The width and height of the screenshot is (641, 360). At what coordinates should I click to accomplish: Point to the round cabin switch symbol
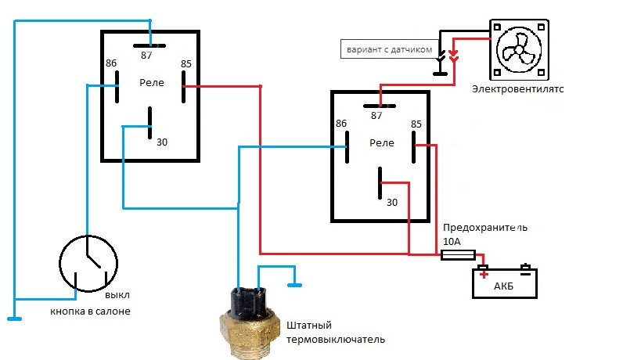pos(88,263)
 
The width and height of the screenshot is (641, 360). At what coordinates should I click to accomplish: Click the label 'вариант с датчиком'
pos(387,49)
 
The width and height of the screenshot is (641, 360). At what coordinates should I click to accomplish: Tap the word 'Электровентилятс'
pos(517,89)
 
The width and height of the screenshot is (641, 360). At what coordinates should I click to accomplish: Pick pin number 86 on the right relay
pos(341,124)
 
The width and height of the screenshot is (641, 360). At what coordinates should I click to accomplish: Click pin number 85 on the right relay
pos(416,124)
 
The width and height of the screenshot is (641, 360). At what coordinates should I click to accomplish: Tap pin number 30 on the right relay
pos(392,203)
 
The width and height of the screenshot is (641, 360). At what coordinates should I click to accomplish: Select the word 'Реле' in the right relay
pos(381,142)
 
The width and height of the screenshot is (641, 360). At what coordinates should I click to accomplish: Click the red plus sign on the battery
pos(484,273)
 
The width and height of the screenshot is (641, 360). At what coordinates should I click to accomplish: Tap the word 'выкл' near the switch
pos(117,295)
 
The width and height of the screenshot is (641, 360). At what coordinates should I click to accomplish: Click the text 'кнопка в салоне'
pos(90,311)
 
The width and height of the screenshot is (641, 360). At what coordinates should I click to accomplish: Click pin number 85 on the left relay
pos(186,63)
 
